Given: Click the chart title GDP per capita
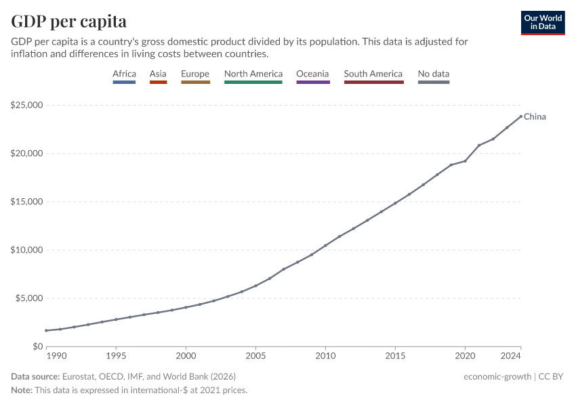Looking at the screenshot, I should point(68,21).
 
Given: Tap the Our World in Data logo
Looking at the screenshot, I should point(542,22).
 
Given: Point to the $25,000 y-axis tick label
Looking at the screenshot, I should point(26,106).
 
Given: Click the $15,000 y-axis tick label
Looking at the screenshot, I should point(26,202).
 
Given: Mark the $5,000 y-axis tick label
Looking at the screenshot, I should point(28,298).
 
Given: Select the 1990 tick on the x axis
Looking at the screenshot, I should point(56,355).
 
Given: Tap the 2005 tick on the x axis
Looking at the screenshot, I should point(255,355).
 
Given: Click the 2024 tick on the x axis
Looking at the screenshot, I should point(512,355).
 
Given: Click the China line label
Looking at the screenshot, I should point(535,117).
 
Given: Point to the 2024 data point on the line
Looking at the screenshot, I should point(520,116).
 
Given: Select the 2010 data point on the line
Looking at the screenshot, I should point(325,246).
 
